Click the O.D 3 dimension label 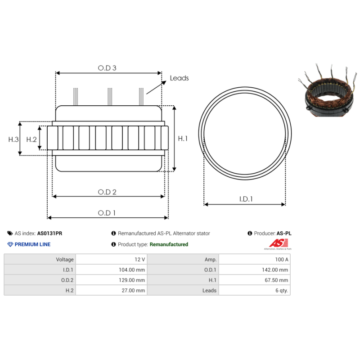point(107,68)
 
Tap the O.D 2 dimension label point(107,192)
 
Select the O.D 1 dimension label point(107,213)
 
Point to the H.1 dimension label point(183,139)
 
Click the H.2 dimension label point(31,139)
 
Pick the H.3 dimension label point(13,139)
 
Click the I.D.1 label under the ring point(246,198)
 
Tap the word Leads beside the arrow point(179,78)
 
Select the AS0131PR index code point(49,234)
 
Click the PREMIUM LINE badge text point(32,244)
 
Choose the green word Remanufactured point(169,244)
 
